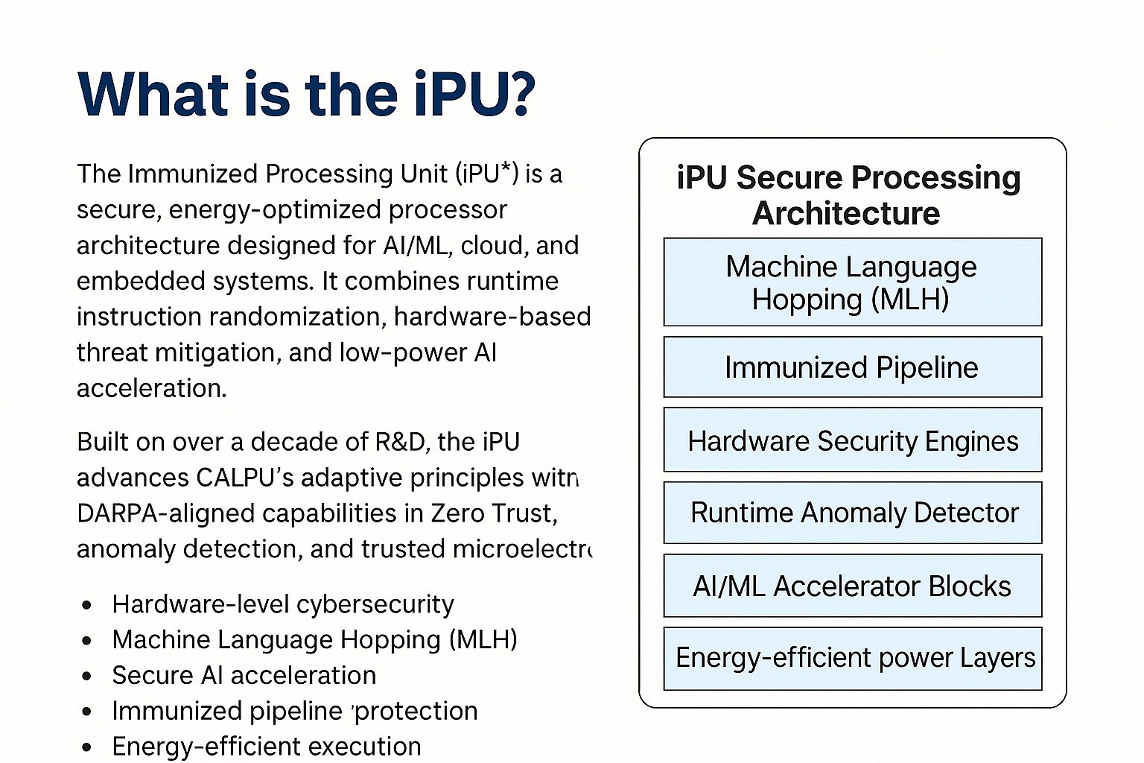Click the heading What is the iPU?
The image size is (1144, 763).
coord(306,95)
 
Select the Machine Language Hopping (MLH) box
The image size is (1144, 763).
coord(852,282)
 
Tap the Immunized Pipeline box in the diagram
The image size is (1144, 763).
coord(852,367)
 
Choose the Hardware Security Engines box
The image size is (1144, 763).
coord(852,440)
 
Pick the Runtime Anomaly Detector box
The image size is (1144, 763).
coord(852,513)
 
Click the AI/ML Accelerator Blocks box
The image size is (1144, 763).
coord(852,586)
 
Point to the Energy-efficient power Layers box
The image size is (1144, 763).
coord(852,658)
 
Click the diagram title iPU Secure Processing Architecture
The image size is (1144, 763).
coord(848,195)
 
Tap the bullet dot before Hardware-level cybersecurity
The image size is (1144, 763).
coord(87,605)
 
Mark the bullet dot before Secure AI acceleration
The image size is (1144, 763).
coord(87,677)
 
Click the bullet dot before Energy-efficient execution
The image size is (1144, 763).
coord(87,747)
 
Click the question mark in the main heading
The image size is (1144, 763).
coord(522,95)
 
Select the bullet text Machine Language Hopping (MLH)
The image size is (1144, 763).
coord(314,640)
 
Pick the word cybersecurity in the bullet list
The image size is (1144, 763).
coord(385,604)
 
